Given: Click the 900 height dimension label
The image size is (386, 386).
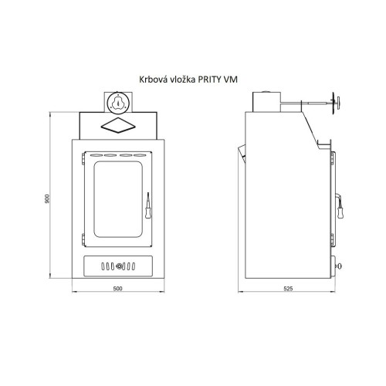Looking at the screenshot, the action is coord(47,198).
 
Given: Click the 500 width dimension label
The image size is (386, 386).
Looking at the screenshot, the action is coord(117,289).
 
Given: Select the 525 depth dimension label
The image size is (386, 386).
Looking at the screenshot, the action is coord(288,289).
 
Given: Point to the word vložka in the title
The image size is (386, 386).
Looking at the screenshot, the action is coord(182,80).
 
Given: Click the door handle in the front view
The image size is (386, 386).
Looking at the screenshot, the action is coord(148,205).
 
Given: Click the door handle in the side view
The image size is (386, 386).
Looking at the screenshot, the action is coord(340,206).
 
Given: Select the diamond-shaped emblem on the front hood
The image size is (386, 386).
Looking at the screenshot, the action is coord(118,125).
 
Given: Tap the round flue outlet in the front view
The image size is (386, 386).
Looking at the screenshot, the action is coord(118,103).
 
